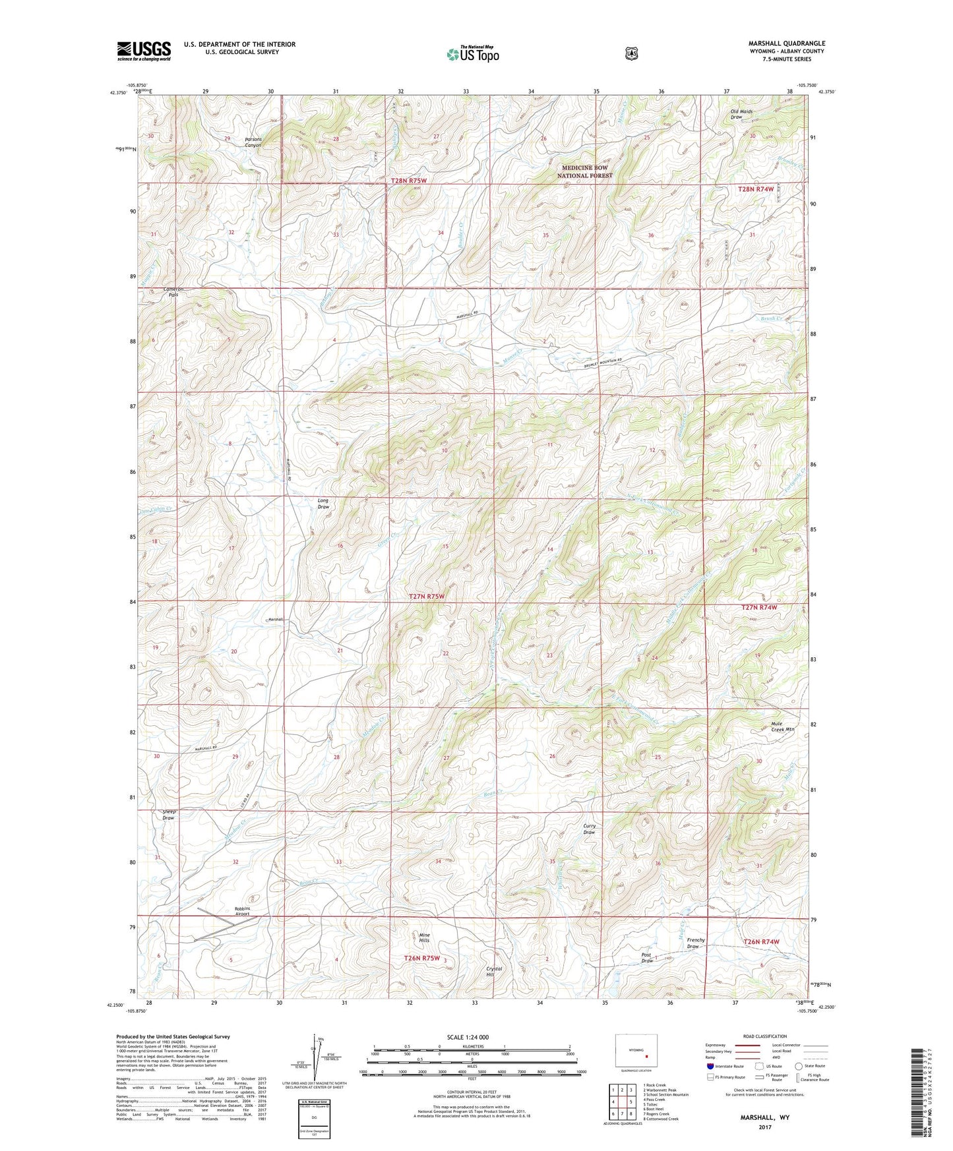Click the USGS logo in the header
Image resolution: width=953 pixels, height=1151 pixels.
tap(144, 51)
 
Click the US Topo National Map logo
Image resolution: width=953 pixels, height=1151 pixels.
tap(472, 53)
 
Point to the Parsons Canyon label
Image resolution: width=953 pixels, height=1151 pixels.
tap(253, 142)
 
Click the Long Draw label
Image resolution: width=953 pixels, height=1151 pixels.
tap(323, 504)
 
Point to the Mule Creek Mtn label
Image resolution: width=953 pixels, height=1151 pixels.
tap(783, 726)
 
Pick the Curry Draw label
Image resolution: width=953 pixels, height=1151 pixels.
tap(589, 829)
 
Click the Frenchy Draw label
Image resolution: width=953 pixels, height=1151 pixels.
tap(696, 943)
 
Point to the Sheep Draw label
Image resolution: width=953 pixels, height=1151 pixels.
tap(168, 815)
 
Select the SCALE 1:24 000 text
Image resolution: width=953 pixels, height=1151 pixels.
tap(468, 1037)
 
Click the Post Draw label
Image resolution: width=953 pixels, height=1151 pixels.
tap(647, 958)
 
